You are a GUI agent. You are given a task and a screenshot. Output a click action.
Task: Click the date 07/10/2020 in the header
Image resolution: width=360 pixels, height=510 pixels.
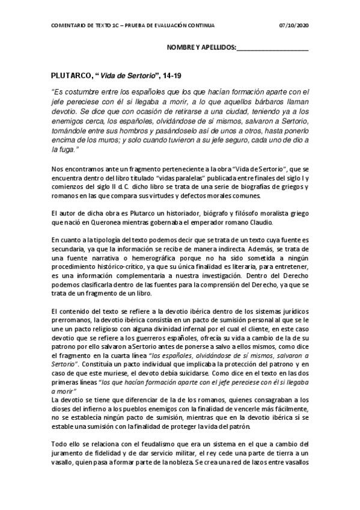tap(294, 25)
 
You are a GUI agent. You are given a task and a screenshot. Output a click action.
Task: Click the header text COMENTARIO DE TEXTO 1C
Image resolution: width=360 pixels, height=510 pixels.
tap(87, 25)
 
